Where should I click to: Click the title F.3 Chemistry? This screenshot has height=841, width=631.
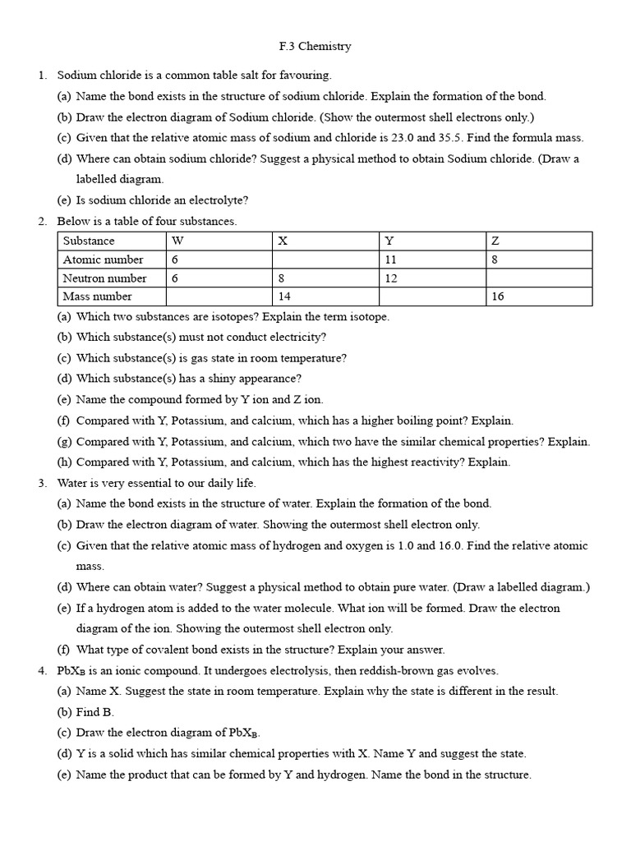tap(315, 46)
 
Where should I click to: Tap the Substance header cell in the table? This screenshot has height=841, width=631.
tap(89, 241)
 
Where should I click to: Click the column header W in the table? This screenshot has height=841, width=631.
tap(177, 241)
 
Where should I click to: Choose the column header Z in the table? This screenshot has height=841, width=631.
tap(495, 241)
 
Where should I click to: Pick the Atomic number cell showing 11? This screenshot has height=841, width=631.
tap(392, 260)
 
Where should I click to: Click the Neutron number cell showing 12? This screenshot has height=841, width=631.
tap(392, 278)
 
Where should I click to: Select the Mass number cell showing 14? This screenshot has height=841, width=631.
tap(286, 296)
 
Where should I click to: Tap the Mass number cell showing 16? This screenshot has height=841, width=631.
tap(498, 296)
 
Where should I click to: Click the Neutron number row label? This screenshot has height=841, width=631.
tap(104, 278)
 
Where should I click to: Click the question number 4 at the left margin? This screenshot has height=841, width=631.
tap(42, 670)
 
